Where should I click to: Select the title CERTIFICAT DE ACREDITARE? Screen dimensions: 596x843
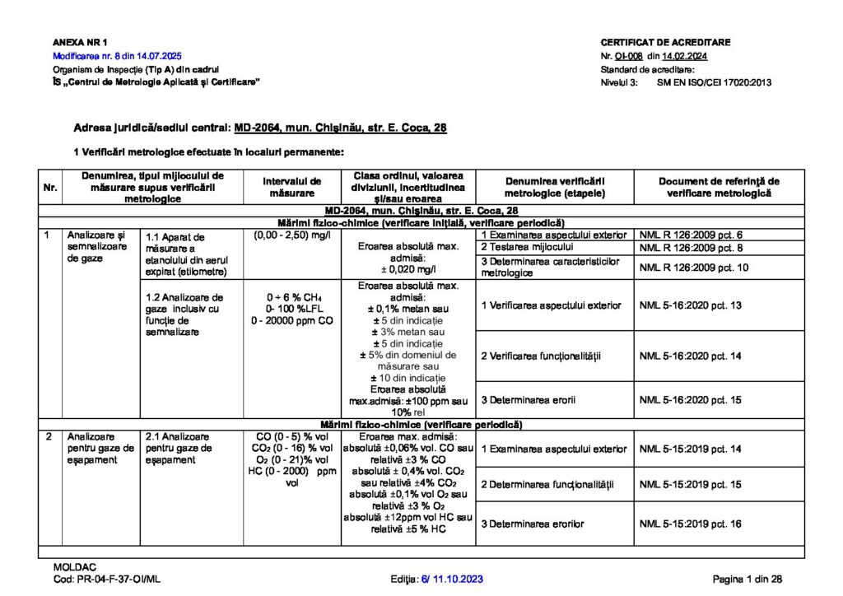[665, 42]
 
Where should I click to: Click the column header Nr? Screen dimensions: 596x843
[49, 188]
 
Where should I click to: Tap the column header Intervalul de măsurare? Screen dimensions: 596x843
[292, 187]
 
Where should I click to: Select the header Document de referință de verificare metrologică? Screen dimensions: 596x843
[719, 187]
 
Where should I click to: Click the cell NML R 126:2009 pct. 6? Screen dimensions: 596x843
[691, 235]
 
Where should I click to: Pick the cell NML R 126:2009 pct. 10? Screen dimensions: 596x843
[694, 267]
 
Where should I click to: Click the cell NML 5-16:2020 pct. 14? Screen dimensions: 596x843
[691, 356]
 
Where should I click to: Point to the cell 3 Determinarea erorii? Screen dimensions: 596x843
[529, 400]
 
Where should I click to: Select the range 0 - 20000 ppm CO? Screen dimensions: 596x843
[292, 320]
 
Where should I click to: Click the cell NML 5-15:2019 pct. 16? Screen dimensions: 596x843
[691, 524]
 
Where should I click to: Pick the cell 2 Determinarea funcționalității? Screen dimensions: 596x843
[547, 484]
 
